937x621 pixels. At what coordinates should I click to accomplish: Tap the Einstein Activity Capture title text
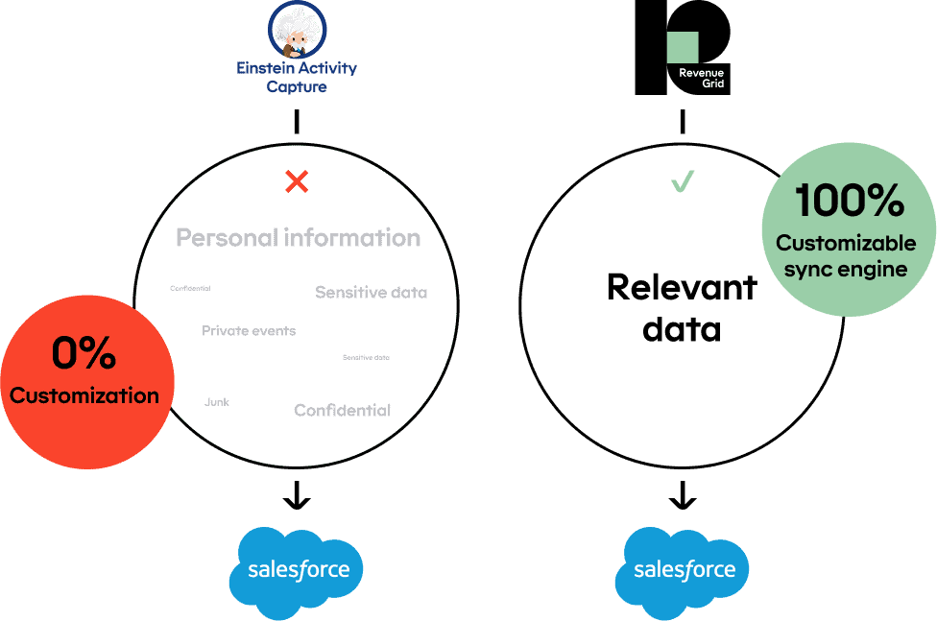(298, 78)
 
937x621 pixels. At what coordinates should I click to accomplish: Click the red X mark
(298, 180)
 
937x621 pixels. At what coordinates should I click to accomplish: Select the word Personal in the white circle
(227, 238)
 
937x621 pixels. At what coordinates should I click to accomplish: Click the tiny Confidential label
(190, 288)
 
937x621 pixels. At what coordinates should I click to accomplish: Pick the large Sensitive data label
(371, 293)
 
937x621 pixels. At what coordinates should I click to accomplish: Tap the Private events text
(249, 331)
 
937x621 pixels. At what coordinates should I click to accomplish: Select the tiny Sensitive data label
(366, 358)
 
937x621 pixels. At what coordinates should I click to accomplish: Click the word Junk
(217, 402)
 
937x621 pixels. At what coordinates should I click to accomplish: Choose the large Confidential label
(342, 411)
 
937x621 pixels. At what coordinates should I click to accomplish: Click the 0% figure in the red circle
(84, 354)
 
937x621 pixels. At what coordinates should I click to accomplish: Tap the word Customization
(84, 395)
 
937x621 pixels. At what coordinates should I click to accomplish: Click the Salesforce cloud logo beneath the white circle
(297, 570)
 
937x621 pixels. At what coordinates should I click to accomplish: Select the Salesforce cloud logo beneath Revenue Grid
(685, 570)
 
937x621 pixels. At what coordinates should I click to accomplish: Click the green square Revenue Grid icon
(683, 47)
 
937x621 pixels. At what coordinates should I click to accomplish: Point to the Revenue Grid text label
(701, 79)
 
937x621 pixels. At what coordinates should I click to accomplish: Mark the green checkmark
(683, 180)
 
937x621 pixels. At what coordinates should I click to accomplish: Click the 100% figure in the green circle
(849, 201)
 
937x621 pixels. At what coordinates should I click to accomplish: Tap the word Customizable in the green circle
(846, 243)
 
